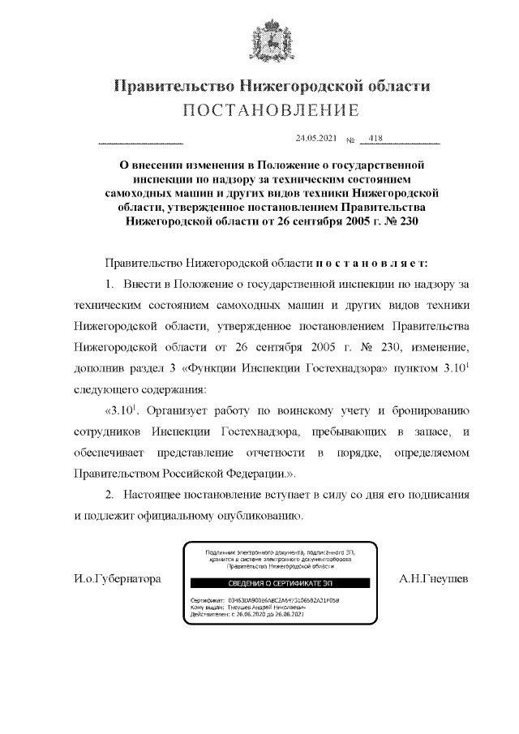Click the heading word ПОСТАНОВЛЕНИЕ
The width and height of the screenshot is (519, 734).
coord(271,109)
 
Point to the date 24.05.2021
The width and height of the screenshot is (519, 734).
coord(316,139)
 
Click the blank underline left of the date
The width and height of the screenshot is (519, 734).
coord(140,143)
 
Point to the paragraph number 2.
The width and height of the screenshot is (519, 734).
coord(109,494)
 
